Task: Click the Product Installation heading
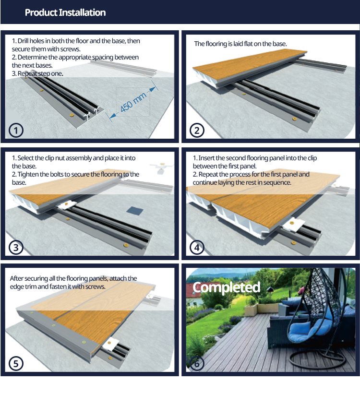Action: tap(65, 12)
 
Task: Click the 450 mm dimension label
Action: tap(133, 102)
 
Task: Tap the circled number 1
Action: tap(16, 131)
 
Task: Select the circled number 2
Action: tap(197, 131)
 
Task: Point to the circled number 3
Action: tap(16, 247)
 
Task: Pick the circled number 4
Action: tap(197, 247)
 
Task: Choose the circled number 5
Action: tap(16, 364)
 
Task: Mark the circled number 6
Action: tap(197, 364)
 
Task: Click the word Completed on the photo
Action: tap(226, 287)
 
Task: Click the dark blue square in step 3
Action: tap(134, 211)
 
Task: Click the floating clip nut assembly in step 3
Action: tap(161, 167)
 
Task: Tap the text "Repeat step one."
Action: tap(40, 73)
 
